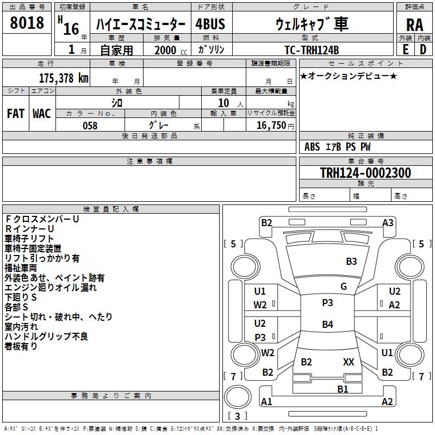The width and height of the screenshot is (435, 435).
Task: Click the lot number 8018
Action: tap(27, 23)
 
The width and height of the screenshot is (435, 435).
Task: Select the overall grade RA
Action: tap(414, 25)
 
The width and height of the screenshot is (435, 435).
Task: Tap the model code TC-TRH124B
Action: tap(312, 49)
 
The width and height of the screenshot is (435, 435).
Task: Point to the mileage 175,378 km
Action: tap(63, 78)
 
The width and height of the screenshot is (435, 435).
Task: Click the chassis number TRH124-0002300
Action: tap(365, 173)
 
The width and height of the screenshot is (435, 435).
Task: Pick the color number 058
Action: tap(90, 126)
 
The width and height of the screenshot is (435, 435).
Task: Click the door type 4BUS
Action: tap(210, 24)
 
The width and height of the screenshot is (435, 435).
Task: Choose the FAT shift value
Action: tap(15, 113)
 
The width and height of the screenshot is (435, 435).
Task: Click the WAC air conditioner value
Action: tap(42, 113)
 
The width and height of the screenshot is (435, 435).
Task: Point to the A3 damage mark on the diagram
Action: tap(388, 222)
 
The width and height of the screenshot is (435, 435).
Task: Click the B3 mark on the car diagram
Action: tap(351, 262)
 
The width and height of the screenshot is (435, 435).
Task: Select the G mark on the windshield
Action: tap(344, 287)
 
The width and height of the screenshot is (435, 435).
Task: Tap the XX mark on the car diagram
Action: tap(349, 362)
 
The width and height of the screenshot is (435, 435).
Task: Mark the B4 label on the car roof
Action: tap(327, 325)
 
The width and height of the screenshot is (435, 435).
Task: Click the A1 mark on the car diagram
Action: tap(266, 402)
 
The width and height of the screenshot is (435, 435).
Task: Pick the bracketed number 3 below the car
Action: tap(237, 417)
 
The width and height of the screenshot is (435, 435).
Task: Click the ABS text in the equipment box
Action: tap(312, 147)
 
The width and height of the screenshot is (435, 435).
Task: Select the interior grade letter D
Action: tap(422, 49)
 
